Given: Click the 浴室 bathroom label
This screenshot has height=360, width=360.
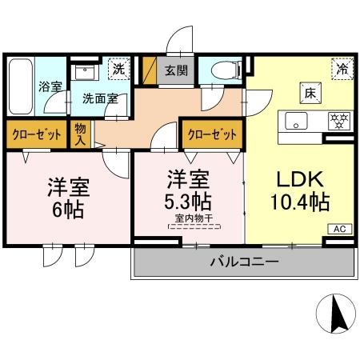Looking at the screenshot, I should (x=50, y=86).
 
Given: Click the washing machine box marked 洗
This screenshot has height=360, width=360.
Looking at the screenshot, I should (x=118, y=69).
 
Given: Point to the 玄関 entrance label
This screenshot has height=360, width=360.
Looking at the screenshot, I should (x=177, y=70).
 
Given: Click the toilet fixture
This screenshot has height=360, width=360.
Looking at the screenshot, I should (x=221, y=71).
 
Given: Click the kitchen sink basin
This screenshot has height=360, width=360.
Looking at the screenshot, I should (x=294, y=122).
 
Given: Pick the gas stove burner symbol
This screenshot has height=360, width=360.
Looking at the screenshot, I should (x=340, y=122).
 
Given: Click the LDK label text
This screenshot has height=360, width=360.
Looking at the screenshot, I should (x=296, y=178).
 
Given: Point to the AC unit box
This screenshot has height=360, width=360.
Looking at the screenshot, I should (x=340, y=229).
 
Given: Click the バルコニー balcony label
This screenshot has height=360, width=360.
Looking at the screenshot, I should (x=244, y=262).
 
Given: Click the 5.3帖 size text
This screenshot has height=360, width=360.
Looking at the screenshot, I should (x=189, y=199).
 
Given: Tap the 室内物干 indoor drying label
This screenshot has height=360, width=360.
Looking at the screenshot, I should (x=189, y=217).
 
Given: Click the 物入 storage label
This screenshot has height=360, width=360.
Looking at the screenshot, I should (x=81, y=133).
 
